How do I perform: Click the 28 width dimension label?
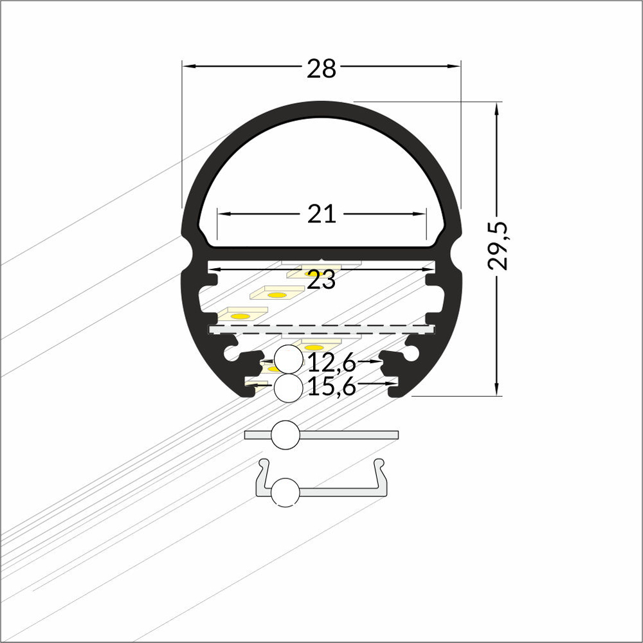coord(321,69)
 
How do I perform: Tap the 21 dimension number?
coord(321,214)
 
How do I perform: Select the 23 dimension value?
coord(321,280)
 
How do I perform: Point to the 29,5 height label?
coord(498,246)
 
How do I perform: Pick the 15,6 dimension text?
coord(331,386)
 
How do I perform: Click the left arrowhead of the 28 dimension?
coord(188,66)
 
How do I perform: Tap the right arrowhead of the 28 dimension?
coord(455,66)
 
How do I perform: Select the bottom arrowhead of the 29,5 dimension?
coord(496,390)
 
